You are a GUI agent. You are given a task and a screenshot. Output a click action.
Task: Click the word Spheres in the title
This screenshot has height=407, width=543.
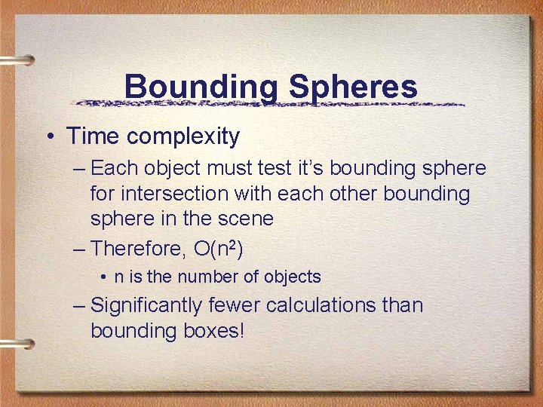point(353,87)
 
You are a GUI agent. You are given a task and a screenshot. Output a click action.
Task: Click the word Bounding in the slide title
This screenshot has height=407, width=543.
point(201,87)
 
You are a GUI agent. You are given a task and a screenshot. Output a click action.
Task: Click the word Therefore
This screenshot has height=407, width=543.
point(137,248)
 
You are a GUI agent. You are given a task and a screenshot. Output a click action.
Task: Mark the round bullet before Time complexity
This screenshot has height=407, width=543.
point(48,137)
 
